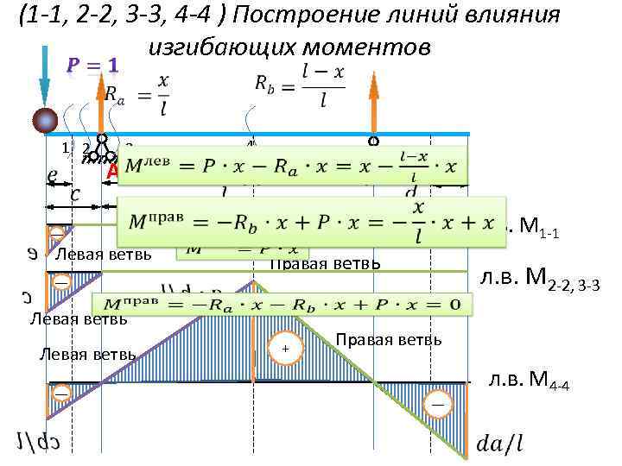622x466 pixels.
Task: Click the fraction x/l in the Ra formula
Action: pyautogui.click(x=164, y=91)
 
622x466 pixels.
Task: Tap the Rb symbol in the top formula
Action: pyautogui.click(x=267, y=82)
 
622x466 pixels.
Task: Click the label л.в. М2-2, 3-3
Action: pyautogui.click(x=539, y=278)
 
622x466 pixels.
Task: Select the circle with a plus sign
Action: pyautogui.click(x=281, y=348)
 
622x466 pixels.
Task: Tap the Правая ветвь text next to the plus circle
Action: pyautogui.click(x=389, y=339)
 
